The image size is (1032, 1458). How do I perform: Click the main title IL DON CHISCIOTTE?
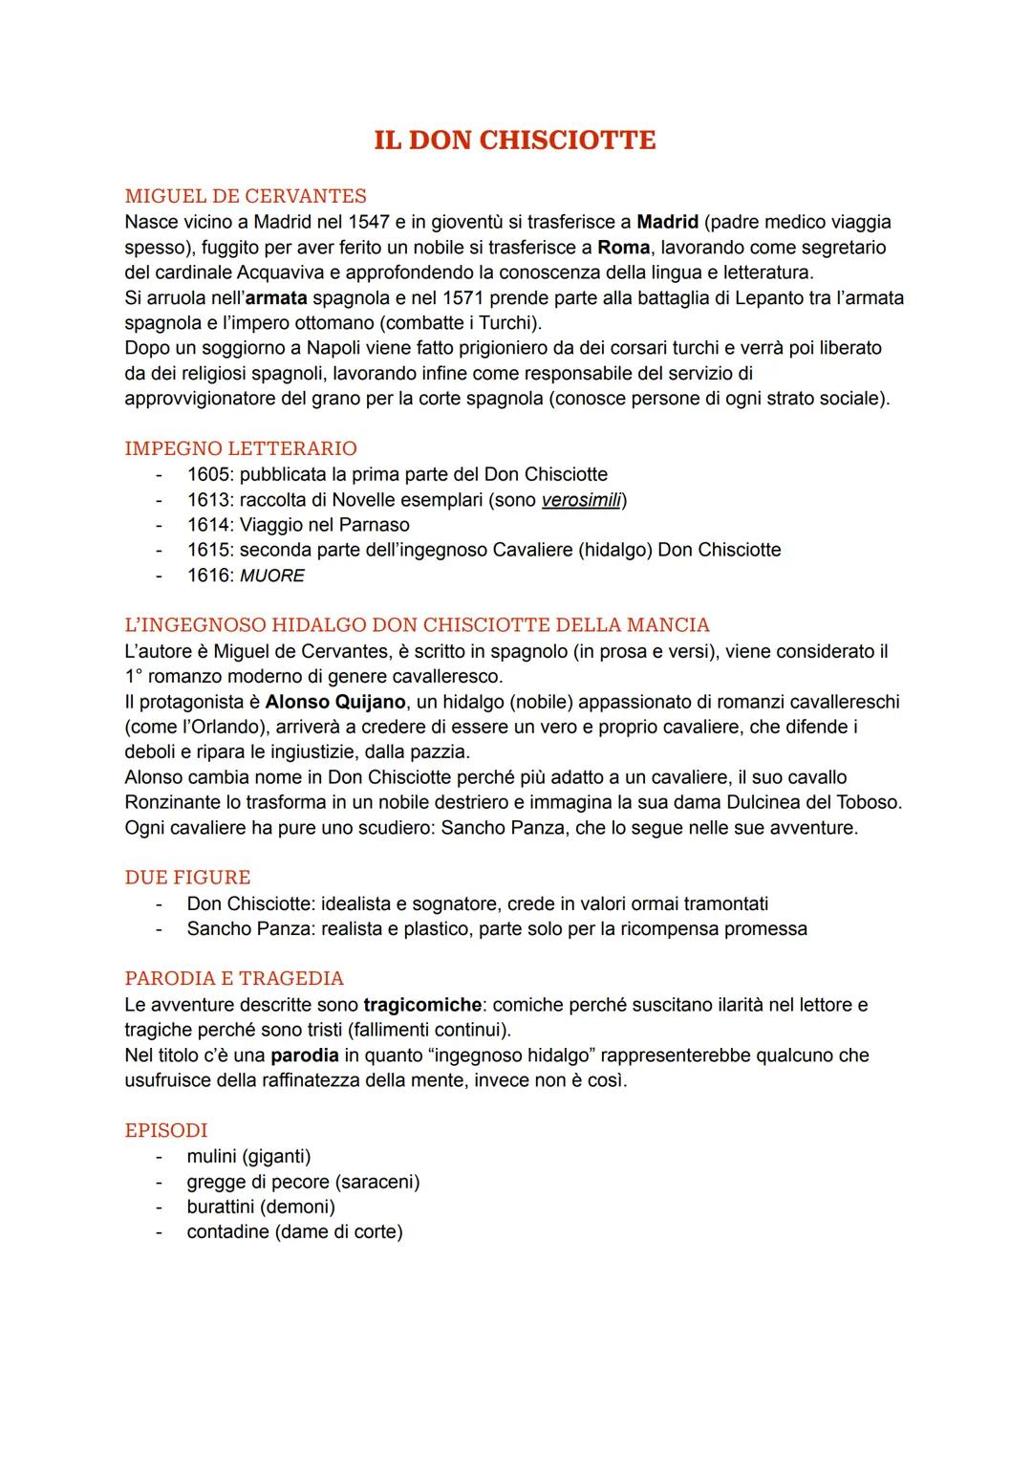point(515,140)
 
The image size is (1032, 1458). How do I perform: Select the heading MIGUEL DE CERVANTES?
point(246,196)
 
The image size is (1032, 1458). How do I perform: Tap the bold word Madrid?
point(667,222)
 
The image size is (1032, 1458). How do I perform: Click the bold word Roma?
point(623,248)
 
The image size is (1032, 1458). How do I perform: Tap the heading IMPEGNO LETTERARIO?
point(241,448)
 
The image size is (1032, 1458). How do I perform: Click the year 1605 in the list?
point(209,474)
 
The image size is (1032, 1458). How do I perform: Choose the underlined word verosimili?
point(582,499)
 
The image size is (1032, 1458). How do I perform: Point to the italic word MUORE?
point(272,576)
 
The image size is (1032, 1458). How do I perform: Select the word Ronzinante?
point(175,802)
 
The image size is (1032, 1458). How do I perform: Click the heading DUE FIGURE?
point(187,878)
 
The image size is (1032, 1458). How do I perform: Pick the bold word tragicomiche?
point(422,1005)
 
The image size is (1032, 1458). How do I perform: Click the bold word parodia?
point(304,1055)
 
